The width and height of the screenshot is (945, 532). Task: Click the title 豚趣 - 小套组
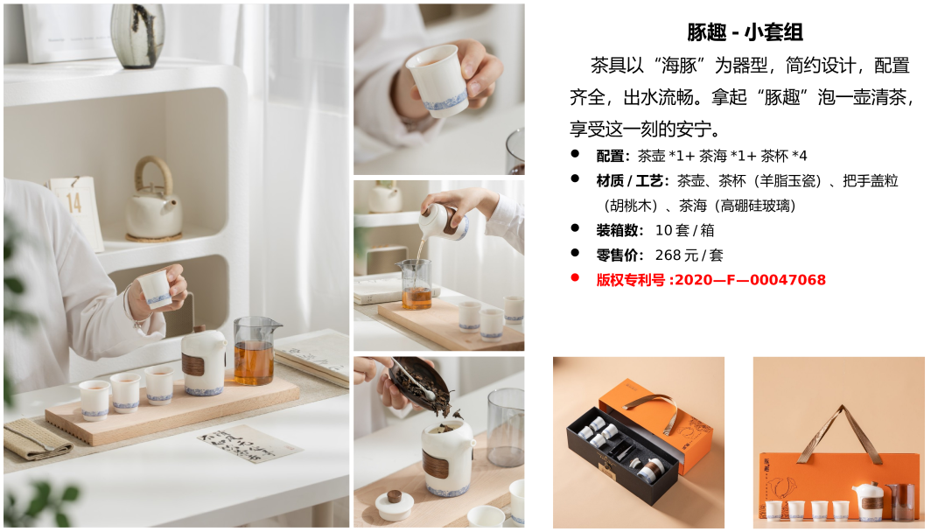click(x=745, y=32)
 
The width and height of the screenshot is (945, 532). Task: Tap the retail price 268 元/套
click(x=689, y=255)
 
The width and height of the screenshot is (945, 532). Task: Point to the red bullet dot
click(x=575, y=277)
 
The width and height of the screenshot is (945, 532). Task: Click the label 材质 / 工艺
click(x=630, y=181)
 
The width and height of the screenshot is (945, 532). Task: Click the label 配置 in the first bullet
click(x=610, y=156)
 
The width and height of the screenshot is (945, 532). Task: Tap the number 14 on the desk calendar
click(x=73, y=203)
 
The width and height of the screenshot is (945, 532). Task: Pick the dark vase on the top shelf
click(x=137, y=35)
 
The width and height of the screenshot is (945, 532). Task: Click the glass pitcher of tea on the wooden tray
click(x=255, y=351)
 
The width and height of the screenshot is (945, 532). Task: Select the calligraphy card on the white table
click(x=249, y=443)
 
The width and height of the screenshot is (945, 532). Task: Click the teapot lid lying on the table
click(x=395, y=504)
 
